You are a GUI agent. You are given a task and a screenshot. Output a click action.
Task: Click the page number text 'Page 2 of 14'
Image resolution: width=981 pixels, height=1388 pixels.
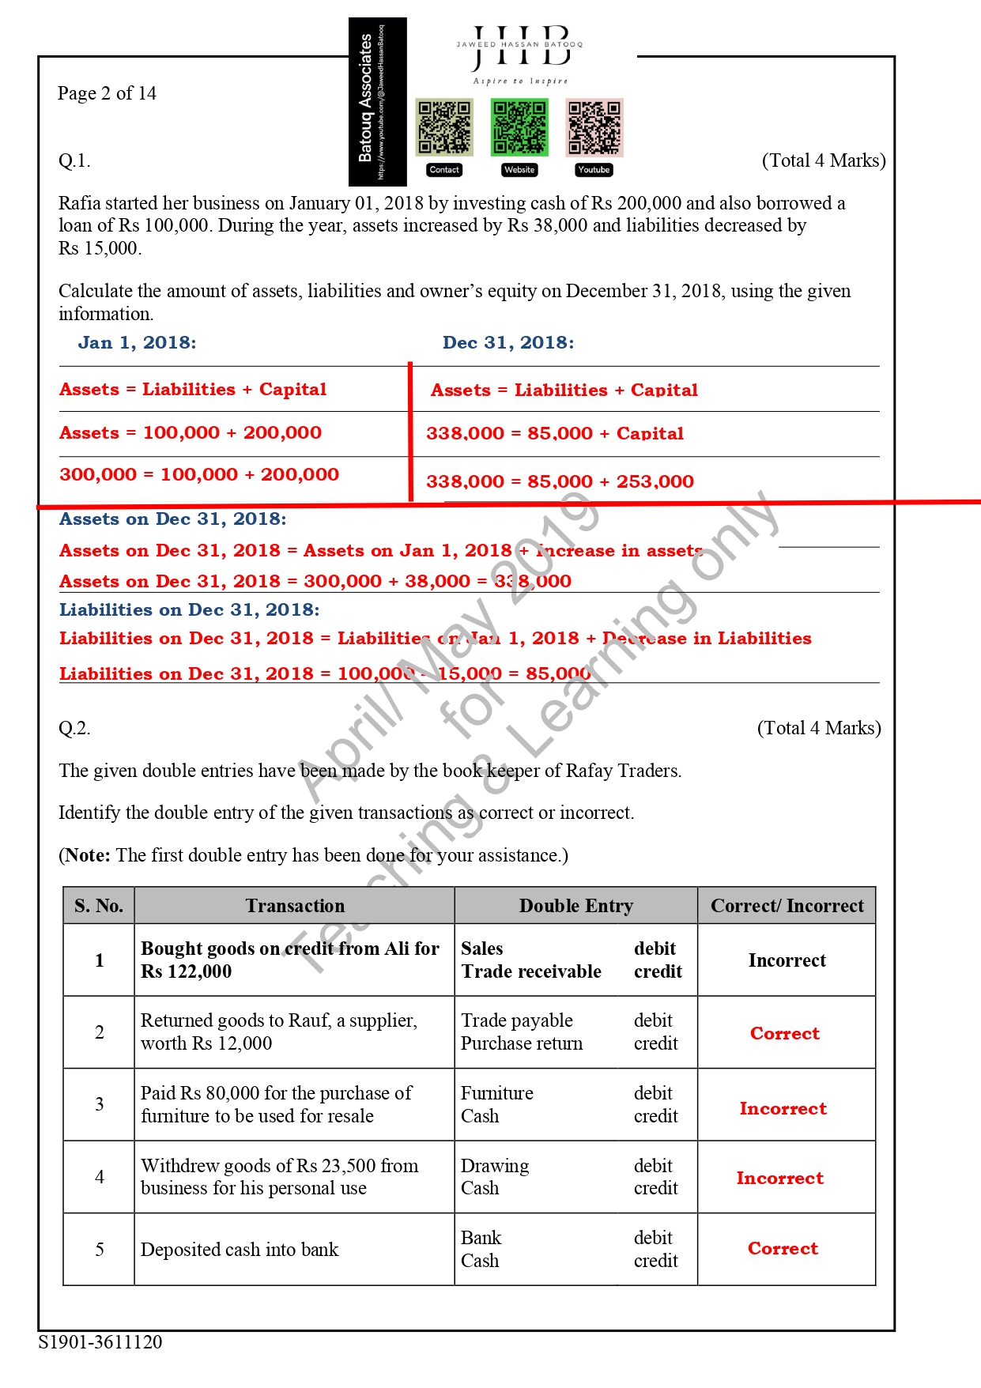point(107,93)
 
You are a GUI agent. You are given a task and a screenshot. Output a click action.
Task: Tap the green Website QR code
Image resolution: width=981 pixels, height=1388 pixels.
point(519,127)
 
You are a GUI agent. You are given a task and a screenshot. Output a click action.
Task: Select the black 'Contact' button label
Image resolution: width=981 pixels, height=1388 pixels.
point(444,170)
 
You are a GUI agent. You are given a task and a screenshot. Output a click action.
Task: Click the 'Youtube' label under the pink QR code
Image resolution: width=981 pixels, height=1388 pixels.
point(594,170)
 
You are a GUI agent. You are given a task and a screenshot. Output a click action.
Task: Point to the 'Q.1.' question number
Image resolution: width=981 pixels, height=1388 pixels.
point(74,161)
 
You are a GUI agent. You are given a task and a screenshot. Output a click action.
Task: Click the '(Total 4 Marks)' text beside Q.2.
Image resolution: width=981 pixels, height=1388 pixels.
point(819,728)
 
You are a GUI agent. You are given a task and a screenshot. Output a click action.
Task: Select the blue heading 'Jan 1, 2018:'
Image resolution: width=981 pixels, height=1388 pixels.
point(137,342)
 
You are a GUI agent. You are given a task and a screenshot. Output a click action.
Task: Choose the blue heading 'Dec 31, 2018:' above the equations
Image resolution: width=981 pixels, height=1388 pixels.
point(508,342)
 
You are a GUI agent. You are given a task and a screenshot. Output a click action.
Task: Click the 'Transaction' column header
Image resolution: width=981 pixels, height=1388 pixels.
point(295,906)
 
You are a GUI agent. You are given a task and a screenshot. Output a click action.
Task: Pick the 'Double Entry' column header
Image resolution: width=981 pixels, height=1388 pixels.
point(576,906)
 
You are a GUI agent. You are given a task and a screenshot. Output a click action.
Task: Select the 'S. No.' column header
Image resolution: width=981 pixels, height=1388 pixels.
point(99,906)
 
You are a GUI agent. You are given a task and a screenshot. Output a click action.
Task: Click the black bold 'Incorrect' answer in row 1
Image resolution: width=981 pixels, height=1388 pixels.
point(787,960)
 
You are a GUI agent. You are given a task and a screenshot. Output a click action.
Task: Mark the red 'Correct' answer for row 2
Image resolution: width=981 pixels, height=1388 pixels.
point(785,1033)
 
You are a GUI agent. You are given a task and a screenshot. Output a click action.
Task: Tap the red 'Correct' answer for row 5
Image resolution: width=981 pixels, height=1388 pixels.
point(783,1248)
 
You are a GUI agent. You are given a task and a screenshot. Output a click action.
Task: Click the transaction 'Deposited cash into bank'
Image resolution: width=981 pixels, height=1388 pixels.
point(240,1250)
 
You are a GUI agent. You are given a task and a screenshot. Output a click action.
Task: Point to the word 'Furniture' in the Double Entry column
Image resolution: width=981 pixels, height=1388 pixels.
point(497,1093)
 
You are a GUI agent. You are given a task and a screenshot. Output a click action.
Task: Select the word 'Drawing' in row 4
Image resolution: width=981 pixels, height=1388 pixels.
point(495,1166)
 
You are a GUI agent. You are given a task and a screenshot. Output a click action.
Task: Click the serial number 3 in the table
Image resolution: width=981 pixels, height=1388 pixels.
point(100,1104)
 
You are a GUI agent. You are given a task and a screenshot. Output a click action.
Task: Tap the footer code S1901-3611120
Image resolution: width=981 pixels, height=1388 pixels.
point(100,1342)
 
